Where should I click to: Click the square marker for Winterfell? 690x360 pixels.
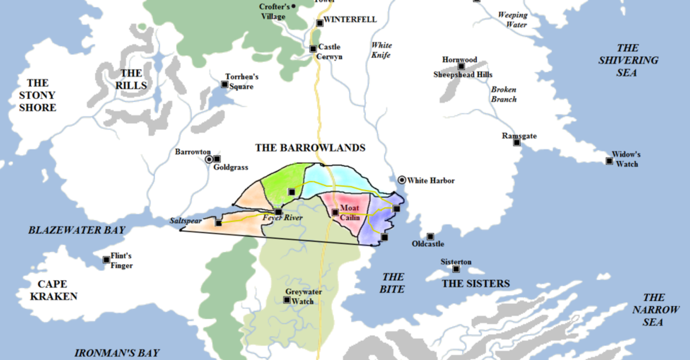coord(320,23)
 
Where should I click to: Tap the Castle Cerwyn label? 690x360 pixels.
coord(329,52)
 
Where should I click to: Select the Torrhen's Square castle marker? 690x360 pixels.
coord(224,84)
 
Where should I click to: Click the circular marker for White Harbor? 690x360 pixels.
coord(402,180)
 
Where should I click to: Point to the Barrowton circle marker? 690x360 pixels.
coord(209,160)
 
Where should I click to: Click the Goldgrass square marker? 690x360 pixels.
coord(217,159)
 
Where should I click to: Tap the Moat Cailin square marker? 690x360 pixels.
coord(335,212)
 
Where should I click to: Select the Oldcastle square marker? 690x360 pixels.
coord(430,237)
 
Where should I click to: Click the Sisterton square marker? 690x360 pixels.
coord(456,269)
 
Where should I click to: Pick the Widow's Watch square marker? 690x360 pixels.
coord(609,161)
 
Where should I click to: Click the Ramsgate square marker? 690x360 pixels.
coord(516,142)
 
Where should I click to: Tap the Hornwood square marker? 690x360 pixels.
coord(461,67)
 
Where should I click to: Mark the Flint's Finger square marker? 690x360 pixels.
coord(106,260)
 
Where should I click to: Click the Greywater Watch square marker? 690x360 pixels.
coord(286,300)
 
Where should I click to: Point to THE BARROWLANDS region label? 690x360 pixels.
coord(310,148)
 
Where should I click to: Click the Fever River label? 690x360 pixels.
coord(282,218)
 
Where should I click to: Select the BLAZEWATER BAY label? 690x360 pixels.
coord(77,230)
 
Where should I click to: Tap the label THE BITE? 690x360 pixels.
coord(393,283)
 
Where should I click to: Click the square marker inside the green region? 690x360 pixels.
coord(291,191)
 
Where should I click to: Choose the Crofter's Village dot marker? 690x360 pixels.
coord(294,6)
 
